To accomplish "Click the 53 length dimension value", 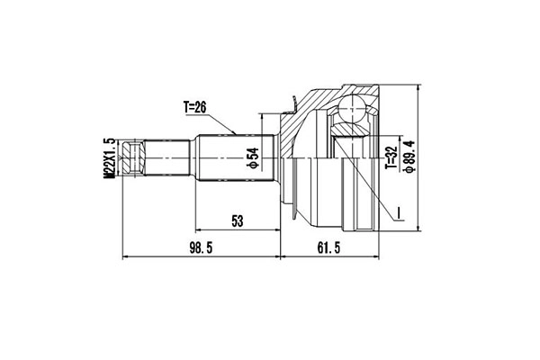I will [x=238, y=220].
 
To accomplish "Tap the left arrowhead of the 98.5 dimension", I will [x=124, y=257].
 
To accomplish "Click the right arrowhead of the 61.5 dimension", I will [x=378, y=257].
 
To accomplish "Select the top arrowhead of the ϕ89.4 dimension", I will [x=418, y=88].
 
